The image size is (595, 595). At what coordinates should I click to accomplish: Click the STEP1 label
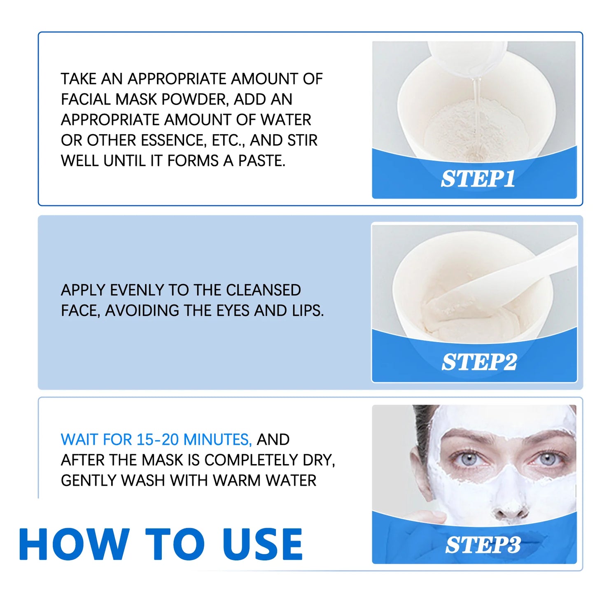pyautogui.click(x=478, y=179)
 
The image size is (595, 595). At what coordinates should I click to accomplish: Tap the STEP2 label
pyautogui.click(x=479, y=362)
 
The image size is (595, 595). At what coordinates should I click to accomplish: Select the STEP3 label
pyautogui.click(x=483, y=545)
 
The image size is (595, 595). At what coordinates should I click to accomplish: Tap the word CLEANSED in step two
pyautogui.click(x=263, y=290)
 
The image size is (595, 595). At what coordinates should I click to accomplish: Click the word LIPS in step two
pyautogui.click(x=308, y=310)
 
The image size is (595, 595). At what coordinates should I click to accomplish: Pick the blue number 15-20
pyautogui.click(x=158, y=439)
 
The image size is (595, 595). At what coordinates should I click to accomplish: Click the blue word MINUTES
pyautogui.click(x=217, y=439)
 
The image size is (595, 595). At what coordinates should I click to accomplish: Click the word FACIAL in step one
pyautogui.click(x=86, y=99)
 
